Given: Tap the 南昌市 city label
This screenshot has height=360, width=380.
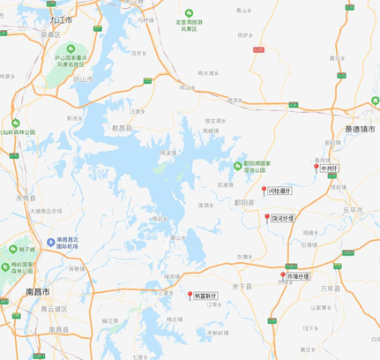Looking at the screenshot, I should [38, 290].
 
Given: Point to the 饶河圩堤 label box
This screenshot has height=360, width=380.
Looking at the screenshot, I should [284, 216].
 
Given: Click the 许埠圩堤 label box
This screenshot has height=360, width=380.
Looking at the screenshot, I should [299, 275].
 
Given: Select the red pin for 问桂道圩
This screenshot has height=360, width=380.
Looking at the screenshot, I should [263, 190].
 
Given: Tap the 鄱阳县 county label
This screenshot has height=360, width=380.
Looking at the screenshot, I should [244, 202].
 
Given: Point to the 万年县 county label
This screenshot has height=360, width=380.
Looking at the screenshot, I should [328, 288].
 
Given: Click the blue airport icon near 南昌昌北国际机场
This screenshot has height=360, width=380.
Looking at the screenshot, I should [49, 240].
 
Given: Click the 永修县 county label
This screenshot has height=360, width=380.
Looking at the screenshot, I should [24, 198].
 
